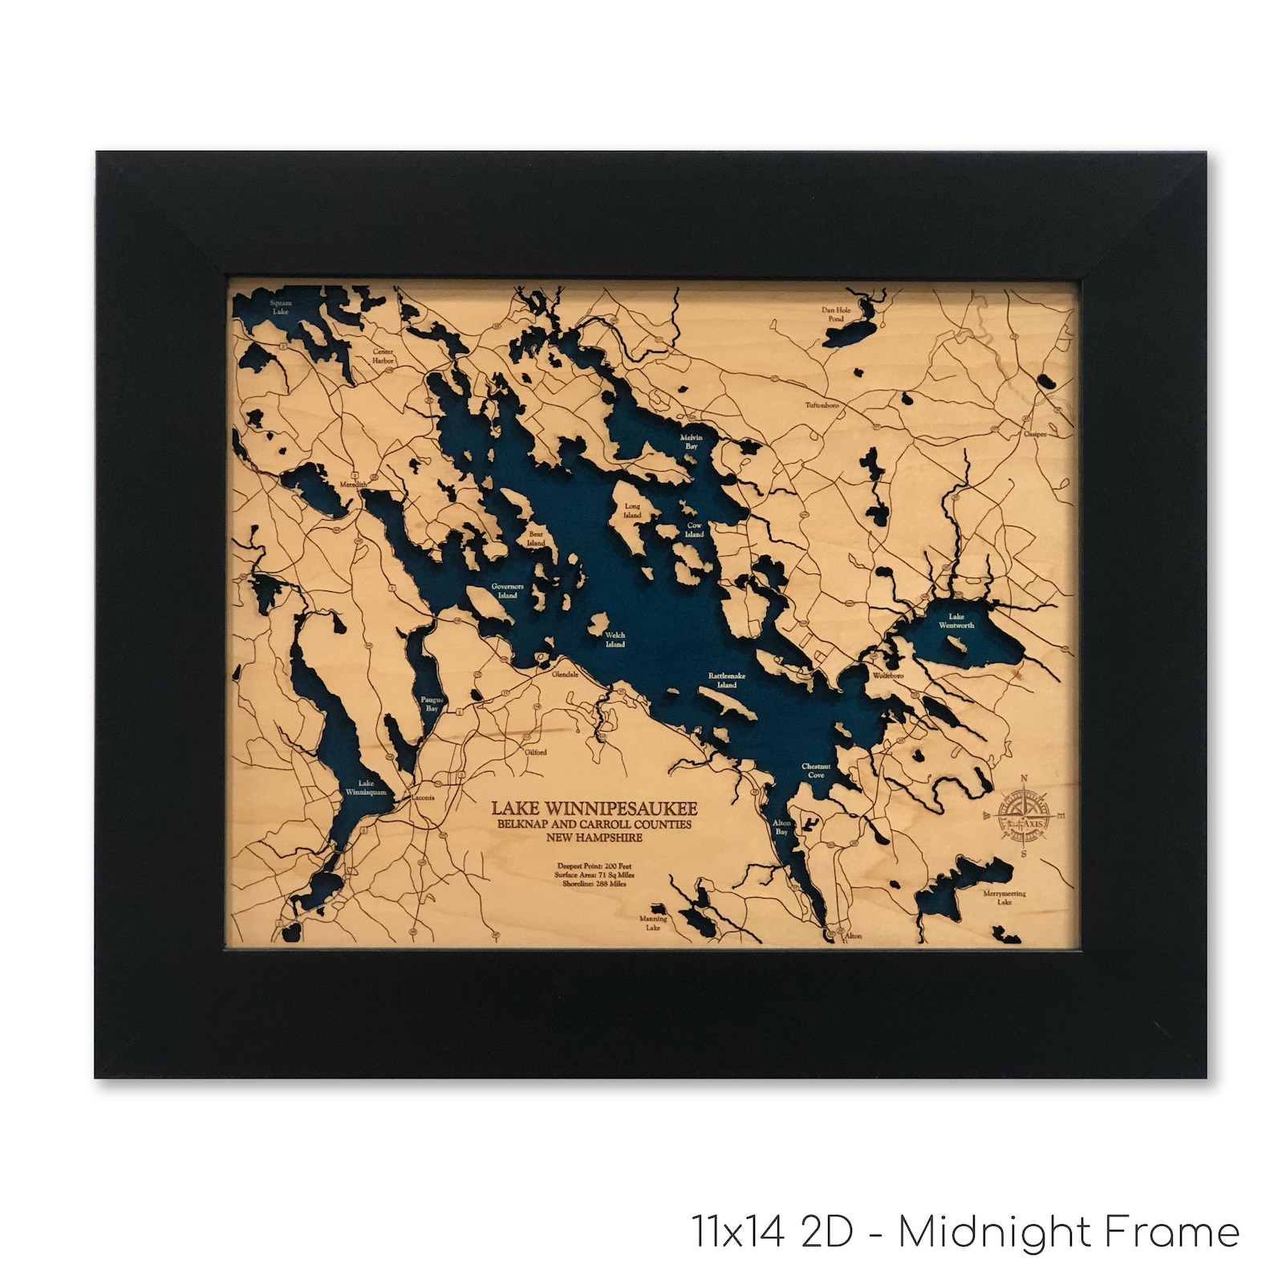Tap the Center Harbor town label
383,356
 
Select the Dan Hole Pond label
835,314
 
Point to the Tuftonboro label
822,405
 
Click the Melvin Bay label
692,441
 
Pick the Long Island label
633,510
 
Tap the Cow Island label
695,529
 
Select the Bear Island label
536,538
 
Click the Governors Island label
508,591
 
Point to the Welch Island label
615,639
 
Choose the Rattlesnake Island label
727,680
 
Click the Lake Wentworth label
956,621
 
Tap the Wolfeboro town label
888,676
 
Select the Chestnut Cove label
816,771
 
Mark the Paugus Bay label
432,704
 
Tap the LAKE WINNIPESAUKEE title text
594,808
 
